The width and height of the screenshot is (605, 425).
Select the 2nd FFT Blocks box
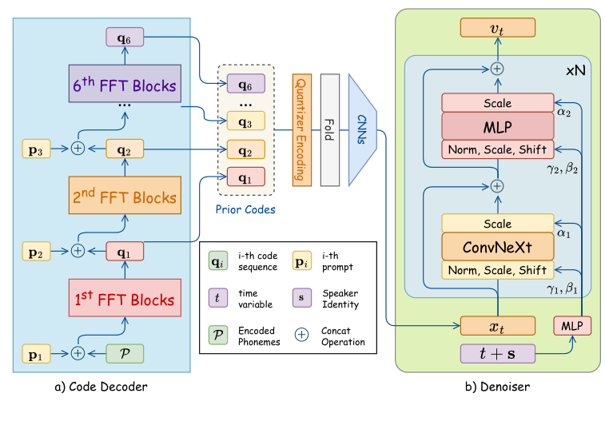[125, 197]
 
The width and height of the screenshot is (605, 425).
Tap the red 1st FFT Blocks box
[125, 300]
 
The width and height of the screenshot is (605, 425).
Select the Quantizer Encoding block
[301, 130]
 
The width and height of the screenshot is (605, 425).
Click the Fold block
[329, 130]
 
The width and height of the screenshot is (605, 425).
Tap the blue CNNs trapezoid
[362, 129]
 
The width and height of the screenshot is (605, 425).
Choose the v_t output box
[496, 29]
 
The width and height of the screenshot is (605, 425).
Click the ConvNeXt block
[496, 246]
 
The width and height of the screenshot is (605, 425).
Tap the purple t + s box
[496, 354]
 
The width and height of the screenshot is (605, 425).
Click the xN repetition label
[574, 70]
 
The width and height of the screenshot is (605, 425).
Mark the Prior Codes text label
[245, 210]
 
